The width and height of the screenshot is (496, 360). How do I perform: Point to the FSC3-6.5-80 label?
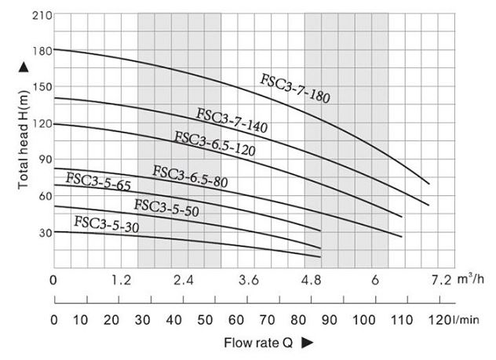(x=190, y=177)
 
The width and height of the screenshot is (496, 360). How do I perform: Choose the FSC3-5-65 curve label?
(x=98, y=182)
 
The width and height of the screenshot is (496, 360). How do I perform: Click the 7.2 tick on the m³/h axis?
(x=441, y=280)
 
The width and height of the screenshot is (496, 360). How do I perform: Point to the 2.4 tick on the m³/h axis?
(x=184, y=280)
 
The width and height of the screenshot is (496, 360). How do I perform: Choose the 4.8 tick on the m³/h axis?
(x=312, y=280)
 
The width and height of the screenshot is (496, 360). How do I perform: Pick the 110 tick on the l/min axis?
(x=401, y=319)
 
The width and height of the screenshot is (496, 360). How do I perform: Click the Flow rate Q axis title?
(x=257, y=343)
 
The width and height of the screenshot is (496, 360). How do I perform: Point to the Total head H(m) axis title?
(x=23, y=138)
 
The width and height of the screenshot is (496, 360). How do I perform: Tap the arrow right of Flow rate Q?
(x=308, y=343)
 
